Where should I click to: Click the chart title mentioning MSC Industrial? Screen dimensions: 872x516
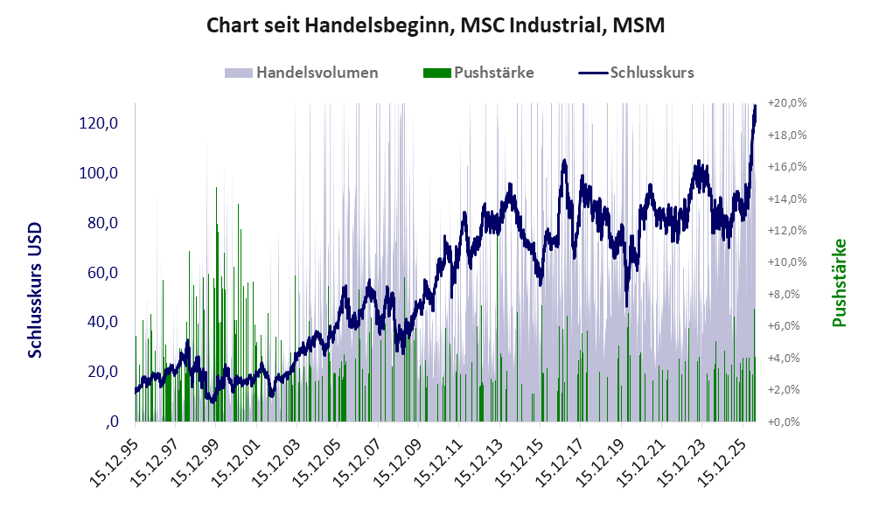click(x=436, y=25)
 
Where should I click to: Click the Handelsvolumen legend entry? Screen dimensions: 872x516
click(x=302, y=73)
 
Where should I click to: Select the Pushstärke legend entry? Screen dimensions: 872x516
click(x=478, y=73)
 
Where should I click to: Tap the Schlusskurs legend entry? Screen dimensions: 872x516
click(x=636, y=73)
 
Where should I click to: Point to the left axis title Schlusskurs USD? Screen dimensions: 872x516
click(x=35, y=290)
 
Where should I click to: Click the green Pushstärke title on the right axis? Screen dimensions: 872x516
click(x=839, y=283)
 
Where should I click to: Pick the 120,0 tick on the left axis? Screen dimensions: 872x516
click(x=99, y=123)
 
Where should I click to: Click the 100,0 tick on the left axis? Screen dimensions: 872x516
click(x=99, y=173)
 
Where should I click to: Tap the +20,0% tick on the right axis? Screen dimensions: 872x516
click(x=787, y=103)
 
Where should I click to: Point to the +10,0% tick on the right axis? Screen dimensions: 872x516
click(x=787, y=261)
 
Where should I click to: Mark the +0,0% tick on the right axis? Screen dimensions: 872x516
click(x=785, y=422)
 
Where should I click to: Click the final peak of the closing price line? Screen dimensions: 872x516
click(x=755, y=106)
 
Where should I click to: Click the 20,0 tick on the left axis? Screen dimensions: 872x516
click(x=103, y=372)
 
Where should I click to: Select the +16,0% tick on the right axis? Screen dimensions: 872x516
click(x=787, y=167)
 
